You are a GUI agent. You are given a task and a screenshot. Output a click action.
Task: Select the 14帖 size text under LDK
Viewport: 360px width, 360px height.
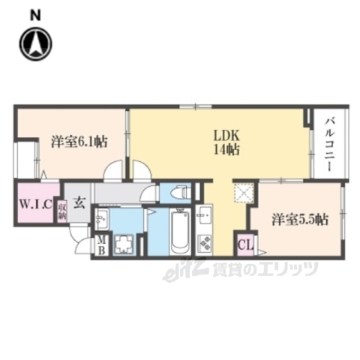point(226,149)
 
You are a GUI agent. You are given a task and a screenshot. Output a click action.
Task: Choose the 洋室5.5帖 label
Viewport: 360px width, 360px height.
point(299,220)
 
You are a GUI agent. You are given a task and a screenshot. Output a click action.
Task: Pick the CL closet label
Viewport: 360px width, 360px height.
point(244,245)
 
